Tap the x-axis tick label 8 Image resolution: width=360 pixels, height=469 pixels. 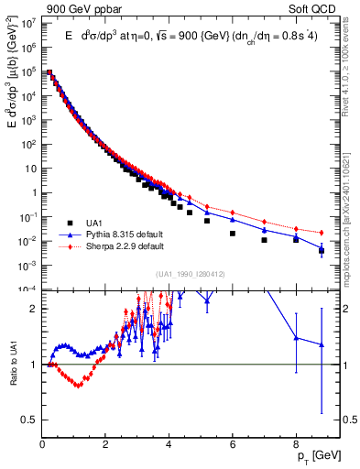coord(296,442)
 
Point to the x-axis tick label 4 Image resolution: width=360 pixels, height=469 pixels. coord(169,442)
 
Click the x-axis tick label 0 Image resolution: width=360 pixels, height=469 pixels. coord(43,442)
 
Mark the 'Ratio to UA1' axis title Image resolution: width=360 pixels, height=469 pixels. coord(11,378)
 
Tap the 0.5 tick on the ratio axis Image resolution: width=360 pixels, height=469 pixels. coord(30,420)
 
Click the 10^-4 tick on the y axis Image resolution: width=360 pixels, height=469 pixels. coord(29,289)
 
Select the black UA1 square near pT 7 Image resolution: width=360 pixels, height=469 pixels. coord(264,240)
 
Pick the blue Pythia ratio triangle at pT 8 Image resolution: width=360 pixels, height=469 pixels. coord(296,337)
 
